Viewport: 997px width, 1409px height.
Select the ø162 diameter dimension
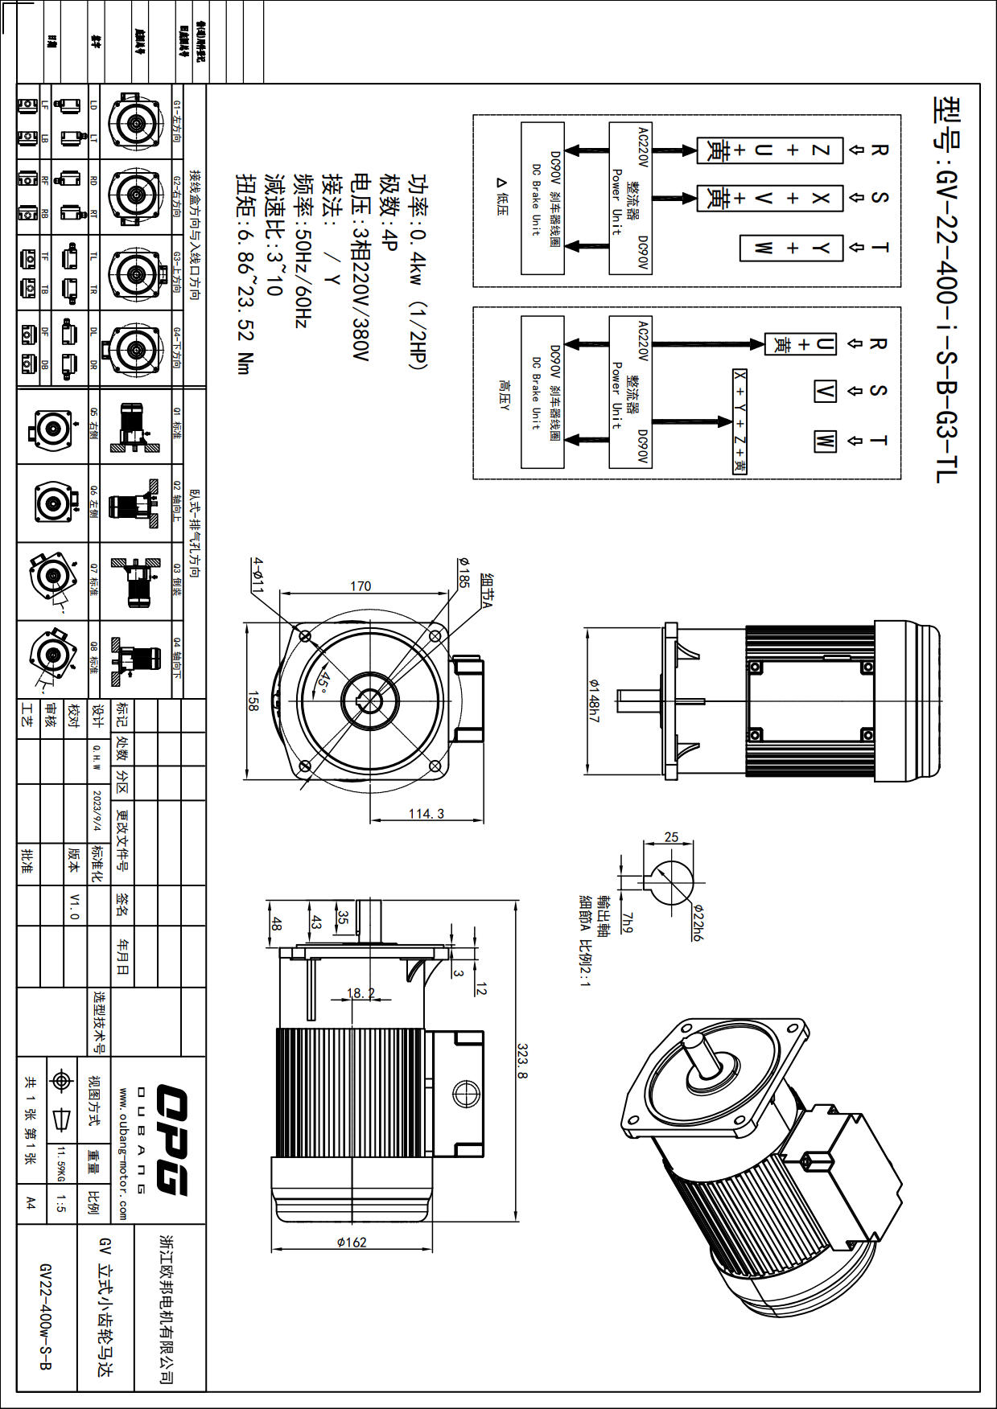(352, 1243)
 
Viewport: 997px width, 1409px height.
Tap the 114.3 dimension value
(426, 813)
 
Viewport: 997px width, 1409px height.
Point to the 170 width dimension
(360, 586)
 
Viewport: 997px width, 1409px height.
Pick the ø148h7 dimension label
(594, 700)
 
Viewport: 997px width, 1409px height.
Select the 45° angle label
(323, 683)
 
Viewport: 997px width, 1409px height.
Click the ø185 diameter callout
(463, 572)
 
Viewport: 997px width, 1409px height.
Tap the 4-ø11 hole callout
(257, 575)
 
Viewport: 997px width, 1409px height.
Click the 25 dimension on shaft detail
(671, 837)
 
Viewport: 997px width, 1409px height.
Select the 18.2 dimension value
(360, 993)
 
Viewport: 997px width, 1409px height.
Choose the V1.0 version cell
(74, 905)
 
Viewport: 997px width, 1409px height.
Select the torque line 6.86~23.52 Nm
(245, 274)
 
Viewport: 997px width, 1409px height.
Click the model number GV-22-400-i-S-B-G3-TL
(946, 290)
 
